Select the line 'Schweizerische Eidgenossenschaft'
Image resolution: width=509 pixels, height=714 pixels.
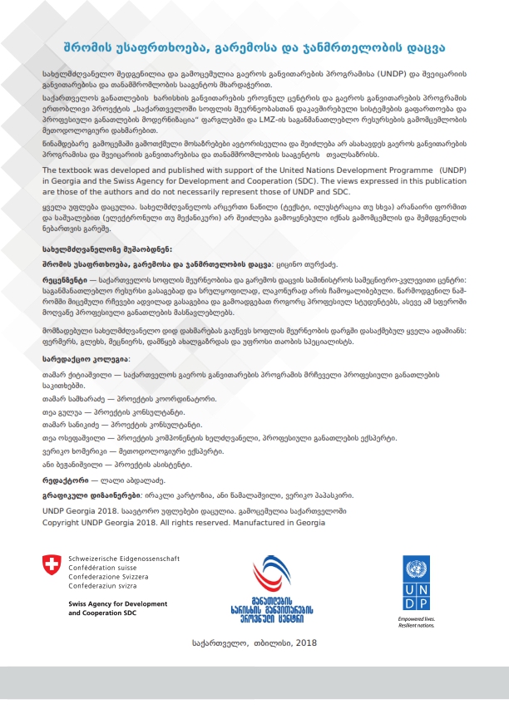[123, 558]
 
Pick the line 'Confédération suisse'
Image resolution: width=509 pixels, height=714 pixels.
[105, 567]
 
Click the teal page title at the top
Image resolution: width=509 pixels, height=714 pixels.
[254, 47]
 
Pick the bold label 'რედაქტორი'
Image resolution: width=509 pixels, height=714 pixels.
[66, 480]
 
